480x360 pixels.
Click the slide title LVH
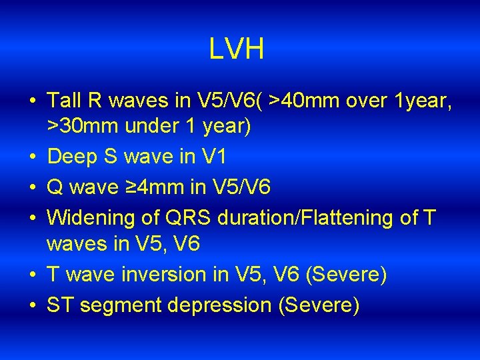(x=236, y=49)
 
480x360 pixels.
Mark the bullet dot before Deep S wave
(x=33, y=157)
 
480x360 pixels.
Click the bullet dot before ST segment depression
(x=33, y=306)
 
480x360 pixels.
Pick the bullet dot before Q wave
(x=33, y=187)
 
